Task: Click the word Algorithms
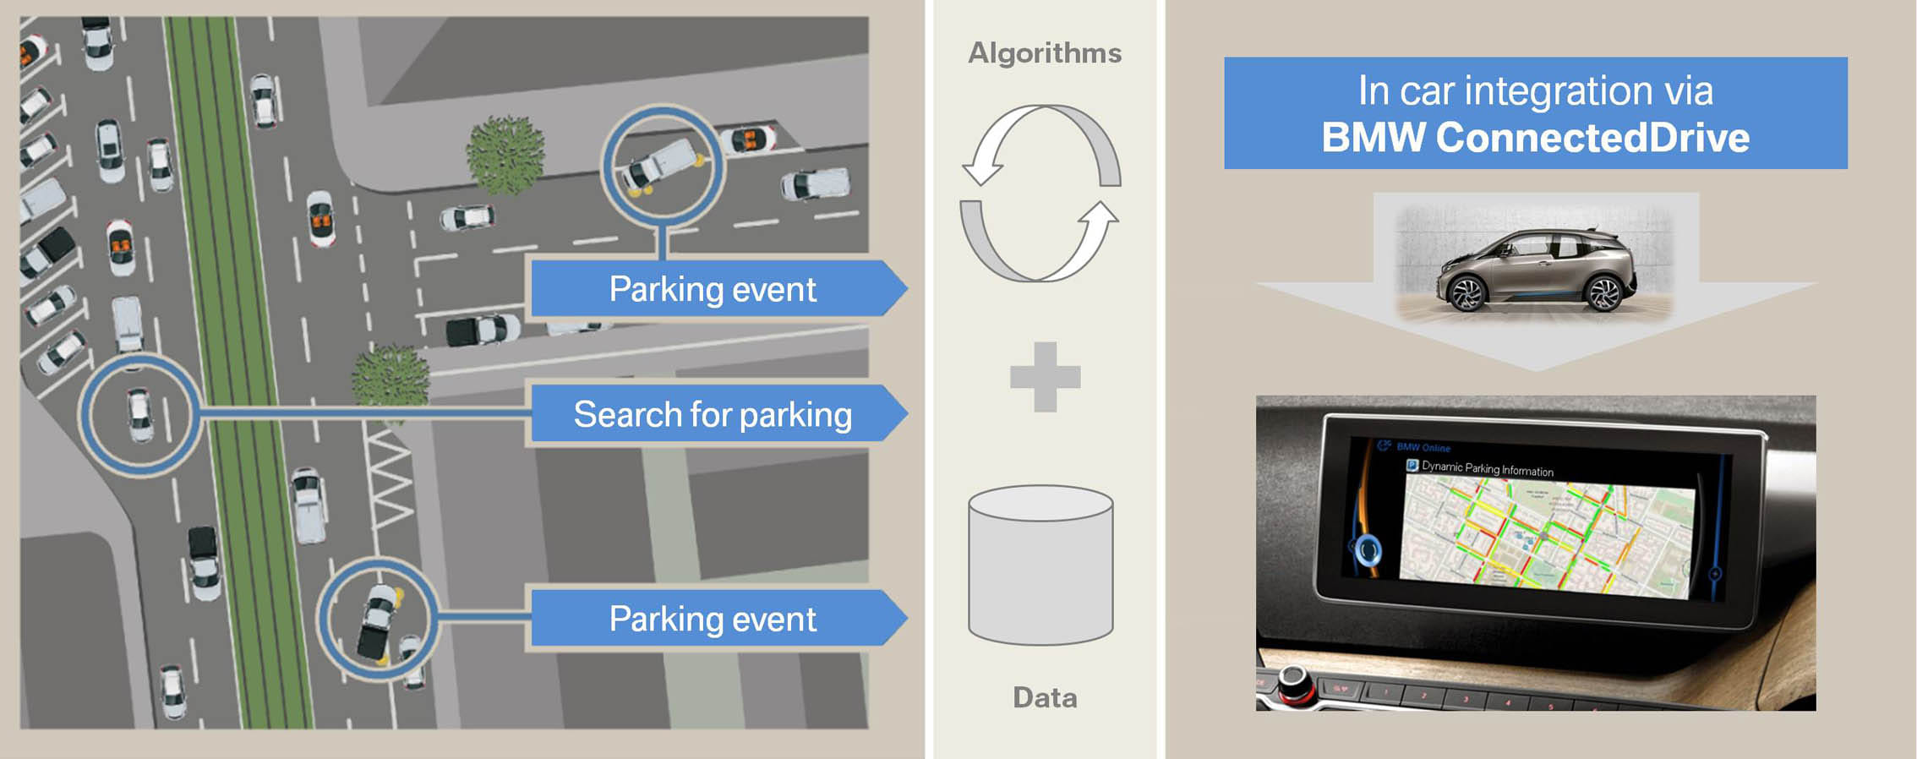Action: [x=1045, y=53]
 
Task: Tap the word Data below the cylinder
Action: [x=1045, y=697]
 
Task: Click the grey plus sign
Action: [x=1046, y=377]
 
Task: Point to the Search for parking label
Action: [x=712, y=414]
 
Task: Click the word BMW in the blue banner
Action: [x=1373, y=138]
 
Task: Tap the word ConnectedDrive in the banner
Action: [x=1592, y=138]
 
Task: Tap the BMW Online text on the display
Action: [x=1423, y=447]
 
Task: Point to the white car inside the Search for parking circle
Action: [x=139, y=414]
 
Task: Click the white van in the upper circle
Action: [x=662, y=164]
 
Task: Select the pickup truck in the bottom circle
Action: [x=377, y=622]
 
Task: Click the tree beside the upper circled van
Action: [x=505, y=155]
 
